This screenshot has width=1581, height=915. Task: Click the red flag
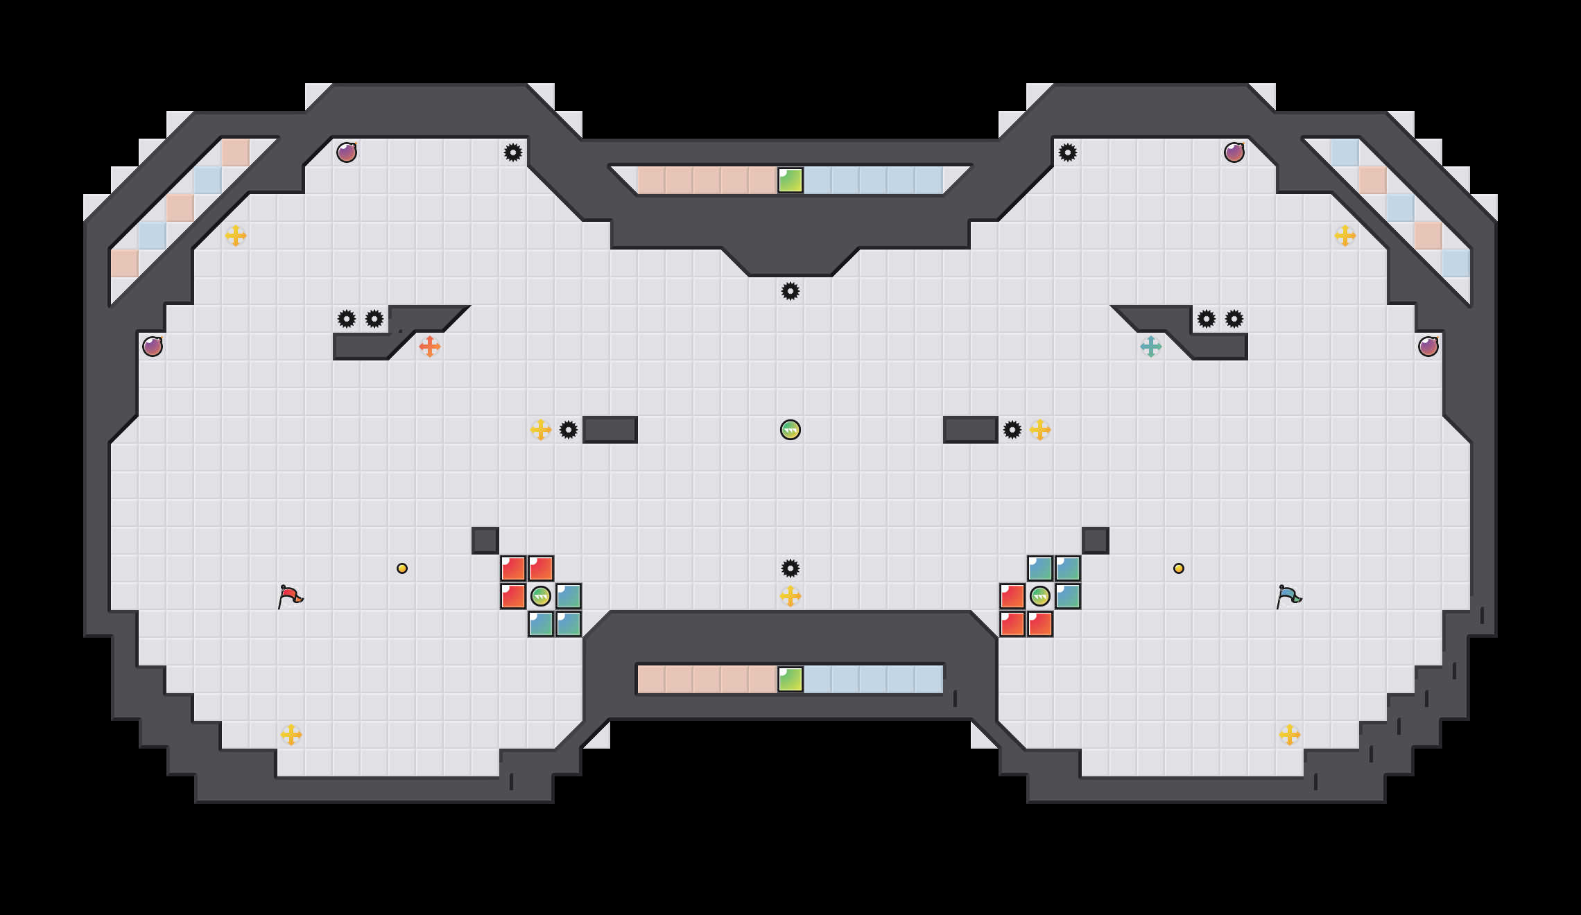(290, 596)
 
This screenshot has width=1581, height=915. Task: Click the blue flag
(1288, 596)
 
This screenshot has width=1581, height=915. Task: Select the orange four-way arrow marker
(430, 347)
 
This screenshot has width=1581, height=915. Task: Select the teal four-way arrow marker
(1151, 347)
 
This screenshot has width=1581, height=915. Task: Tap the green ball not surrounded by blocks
(790, 430)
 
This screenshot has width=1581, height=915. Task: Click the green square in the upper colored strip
(790, 180)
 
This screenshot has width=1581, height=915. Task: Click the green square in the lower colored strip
(790, 679)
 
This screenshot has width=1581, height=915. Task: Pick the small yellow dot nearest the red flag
(402, 568)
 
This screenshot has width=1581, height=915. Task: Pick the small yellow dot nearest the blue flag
(1179, 568)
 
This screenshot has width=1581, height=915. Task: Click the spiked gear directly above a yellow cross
(790, 568)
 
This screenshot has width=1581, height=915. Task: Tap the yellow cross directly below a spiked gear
(790, 596)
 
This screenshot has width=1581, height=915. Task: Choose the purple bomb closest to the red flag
(153, 347)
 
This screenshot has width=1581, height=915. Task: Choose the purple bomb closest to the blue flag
(1428, 347)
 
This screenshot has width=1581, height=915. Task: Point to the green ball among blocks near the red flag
(541, 596)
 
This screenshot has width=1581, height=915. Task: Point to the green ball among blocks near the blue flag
(1040, 596)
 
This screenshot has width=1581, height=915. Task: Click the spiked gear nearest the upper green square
(790, 291)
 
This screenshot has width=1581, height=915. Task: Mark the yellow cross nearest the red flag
(291, 735)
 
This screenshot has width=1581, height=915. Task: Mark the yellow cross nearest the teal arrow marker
(1040, 430)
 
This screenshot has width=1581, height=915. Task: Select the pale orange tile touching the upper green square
(763, 180)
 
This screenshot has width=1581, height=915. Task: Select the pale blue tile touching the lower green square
(818, 679)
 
